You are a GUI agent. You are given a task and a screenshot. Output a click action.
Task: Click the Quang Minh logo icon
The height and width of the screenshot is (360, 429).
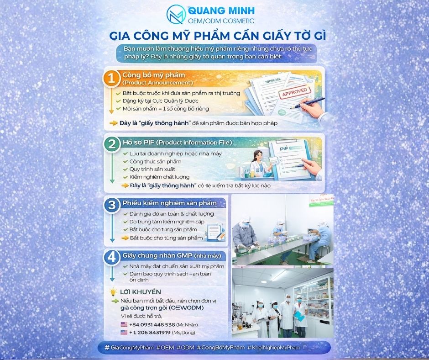(x=176, y=14)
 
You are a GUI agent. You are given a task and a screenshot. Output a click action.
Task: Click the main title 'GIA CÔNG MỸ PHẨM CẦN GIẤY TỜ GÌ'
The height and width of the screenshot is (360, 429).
(x=214, y=36)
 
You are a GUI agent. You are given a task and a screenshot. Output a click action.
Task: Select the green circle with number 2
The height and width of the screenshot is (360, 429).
(x=111, y=144)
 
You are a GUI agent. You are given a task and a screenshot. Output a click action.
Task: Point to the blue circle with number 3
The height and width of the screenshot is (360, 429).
(x=111, y=206)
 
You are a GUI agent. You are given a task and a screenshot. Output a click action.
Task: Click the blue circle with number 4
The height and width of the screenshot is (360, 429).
(x=111, y=257)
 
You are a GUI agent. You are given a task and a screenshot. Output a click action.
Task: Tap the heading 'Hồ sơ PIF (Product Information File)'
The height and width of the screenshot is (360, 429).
(x=177, y=143)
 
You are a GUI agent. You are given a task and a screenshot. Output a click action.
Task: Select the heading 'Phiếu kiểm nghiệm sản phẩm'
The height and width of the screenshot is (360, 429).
(x=167, y=203)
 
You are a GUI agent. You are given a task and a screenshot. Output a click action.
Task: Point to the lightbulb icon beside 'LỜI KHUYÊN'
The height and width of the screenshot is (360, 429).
(x=112, y=291)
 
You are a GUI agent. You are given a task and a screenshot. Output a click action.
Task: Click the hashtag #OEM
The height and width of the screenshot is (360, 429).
(x=167, y=348)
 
